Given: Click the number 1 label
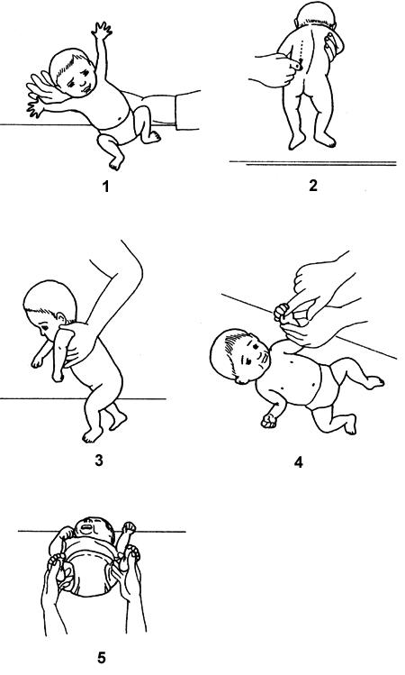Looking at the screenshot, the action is (x=105, y=187).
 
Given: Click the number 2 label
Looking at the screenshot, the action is (x=312, y=186).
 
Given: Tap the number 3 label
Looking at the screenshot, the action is (x=99, y=461).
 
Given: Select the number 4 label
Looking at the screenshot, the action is (x=298, y=462).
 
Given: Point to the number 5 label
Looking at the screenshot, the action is (x=101, y=658).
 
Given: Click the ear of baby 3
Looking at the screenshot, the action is (x=61, y=318).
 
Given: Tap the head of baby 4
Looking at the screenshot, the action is (x=239, y=355).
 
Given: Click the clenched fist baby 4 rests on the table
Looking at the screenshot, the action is (x=269, y=420).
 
